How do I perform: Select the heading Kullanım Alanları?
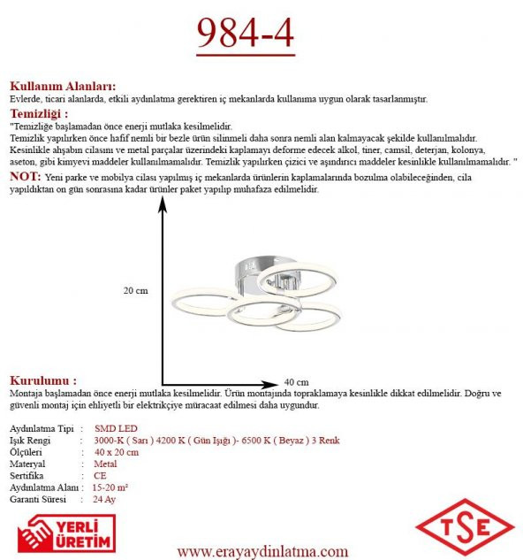click(x=62, y=87)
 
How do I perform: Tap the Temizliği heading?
click(x=39, y=113)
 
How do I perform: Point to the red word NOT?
click(x=24, y=177)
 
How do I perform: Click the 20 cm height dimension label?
click(x=135, y=290)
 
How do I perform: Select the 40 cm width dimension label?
click(x=297, y=381)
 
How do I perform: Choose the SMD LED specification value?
click(x=110, y=428)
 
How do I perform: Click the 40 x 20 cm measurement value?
click(x=116, y=452)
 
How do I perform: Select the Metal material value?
click(x=105, y=464)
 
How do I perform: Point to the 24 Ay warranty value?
click(x=103, y=499)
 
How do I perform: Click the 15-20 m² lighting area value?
click(x=110, y=487)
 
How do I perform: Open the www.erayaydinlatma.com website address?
click(x=262, y=551)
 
